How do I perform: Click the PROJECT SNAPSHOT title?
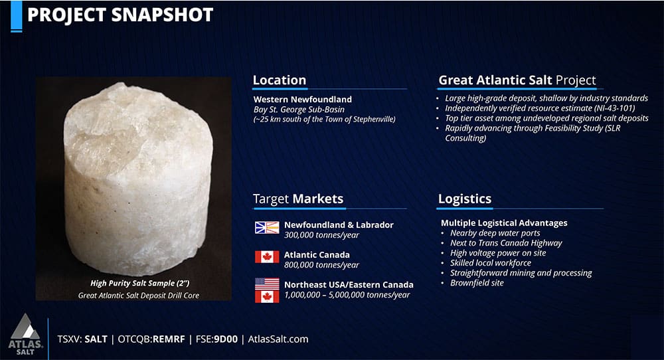click(x=120, y=15)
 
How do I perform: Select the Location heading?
click(x=280, y=80)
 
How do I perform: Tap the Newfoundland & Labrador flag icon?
click(x=267, y=227)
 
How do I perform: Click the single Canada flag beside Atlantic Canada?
click(x=267, y=256)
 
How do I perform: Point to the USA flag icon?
click(x=267, y=284)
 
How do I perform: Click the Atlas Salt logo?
click(x=25, y=334)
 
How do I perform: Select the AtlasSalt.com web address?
click(x=278, y=339)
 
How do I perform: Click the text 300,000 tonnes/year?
click(x=321, y=235)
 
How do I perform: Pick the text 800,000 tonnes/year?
click(x=321, y=265)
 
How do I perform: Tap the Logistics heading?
click(x=465, y=199)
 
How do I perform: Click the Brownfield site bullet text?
click(x=477, y=283)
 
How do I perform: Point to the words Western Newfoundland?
click(x=302, y=100)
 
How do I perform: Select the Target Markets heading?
click(x=298, y=199)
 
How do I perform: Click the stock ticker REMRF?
click(x=169, y=339)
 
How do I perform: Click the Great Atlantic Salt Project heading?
click(x=517, y=80)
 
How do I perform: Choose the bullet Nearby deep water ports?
click(x=495, y=233)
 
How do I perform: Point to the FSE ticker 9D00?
click(x=226, y=339)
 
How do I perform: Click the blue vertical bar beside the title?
click(x=16, y=16)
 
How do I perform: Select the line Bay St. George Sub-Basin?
click(x=299, y=110)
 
